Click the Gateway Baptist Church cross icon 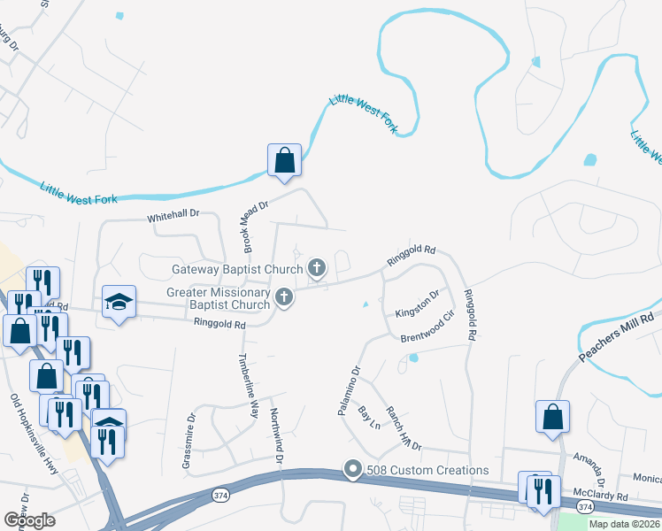317,267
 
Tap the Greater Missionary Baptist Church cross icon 283,297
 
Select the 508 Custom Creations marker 353,470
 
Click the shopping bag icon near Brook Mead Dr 284,161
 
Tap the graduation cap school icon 119,303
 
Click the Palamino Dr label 350,390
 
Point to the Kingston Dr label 417,305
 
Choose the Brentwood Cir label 427,327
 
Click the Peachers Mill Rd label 617,337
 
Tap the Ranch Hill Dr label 403,428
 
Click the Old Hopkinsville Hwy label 34,435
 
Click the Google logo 29,520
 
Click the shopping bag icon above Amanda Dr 552,417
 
